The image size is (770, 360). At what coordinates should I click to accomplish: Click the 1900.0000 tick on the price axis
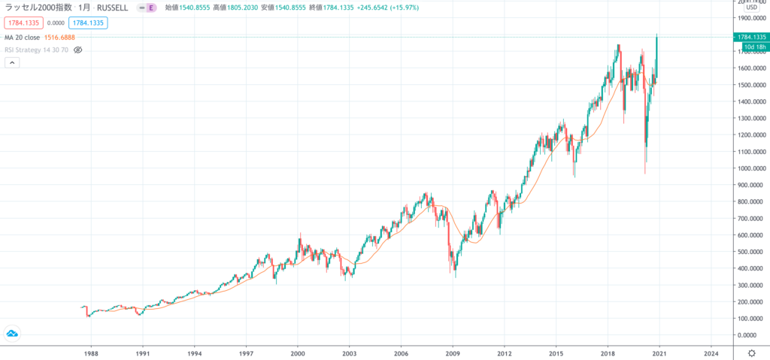click(750, 18)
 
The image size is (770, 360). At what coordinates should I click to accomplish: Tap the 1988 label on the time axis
click(92, 352)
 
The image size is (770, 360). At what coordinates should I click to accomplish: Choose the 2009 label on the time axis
click(453, 352)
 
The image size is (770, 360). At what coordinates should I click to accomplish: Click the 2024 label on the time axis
click(711, 352)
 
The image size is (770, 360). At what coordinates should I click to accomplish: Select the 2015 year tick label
click(556, 352)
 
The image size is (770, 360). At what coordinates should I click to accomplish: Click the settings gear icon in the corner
click(751, 352)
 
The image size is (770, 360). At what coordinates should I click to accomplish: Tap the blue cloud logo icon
click(13, 333)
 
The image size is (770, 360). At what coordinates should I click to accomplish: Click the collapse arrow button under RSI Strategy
click(12, 63)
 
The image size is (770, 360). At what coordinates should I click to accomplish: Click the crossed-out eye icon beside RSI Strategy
click(77, 50)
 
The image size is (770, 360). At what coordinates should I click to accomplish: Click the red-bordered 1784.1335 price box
click(23, 22)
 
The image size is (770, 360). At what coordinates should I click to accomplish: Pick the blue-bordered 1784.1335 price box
click(86, 22)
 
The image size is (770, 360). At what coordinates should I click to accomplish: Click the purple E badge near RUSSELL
click(151, 8)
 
